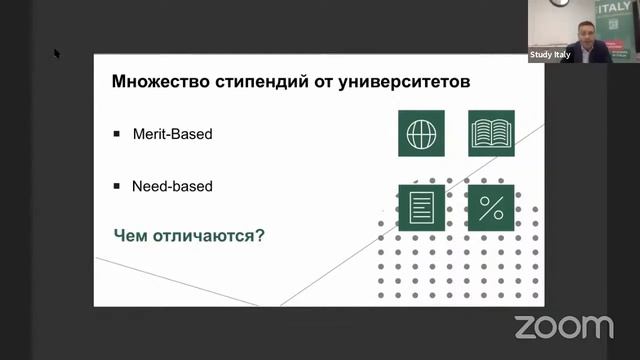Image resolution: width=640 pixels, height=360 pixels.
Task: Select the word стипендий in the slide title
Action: pyautogui.click(x=260, y=80)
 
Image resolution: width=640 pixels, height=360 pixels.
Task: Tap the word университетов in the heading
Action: pyautogui.click(x=407, y=80)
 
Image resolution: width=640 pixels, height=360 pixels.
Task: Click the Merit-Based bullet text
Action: pyautogui.click(x=172, y=133)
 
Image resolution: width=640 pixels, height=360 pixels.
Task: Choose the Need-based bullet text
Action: pyautogui.click(x=172, y=186)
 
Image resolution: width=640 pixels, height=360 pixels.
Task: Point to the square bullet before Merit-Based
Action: pyautogui.click(x=117, y=132)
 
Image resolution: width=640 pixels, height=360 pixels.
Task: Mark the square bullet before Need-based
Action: pyautogui.click(x=117, y=185)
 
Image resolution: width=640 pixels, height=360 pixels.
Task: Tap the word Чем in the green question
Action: pyautogui.click(x=133, y=236)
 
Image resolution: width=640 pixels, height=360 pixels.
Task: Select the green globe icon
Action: pyautogui.click(x=421, y=133)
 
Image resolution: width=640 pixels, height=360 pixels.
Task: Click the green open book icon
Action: pyautogui.click(x=491, y=133)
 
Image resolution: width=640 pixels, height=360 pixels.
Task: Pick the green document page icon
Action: pyautogui.click(x=421, y=208)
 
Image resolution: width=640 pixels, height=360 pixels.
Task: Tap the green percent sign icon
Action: pyautogui.click(x=491, y=208)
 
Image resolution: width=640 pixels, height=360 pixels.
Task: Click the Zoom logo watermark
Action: pyautogui.click(x=563, y=326)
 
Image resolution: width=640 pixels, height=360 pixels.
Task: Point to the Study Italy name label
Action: pyautogui.click(x=550, y=55)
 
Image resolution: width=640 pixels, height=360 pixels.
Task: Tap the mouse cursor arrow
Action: pyautogui.click(x=57, y=53)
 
